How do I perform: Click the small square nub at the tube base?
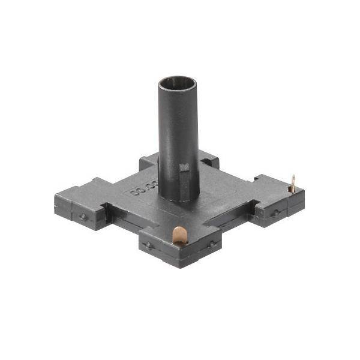(185, 174)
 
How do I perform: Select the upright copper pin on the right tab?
(292, 182)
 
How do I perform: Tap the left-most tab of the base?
(75, 201)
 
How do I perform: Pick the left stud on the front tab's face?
(149, 246)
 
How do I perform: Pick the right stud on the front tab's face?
(211, 244)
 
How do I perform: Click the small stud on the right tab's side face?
(275, 212)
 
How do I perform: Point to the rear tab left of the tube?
(149, 161)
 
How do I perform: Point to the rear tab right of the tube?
(208, 160)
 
